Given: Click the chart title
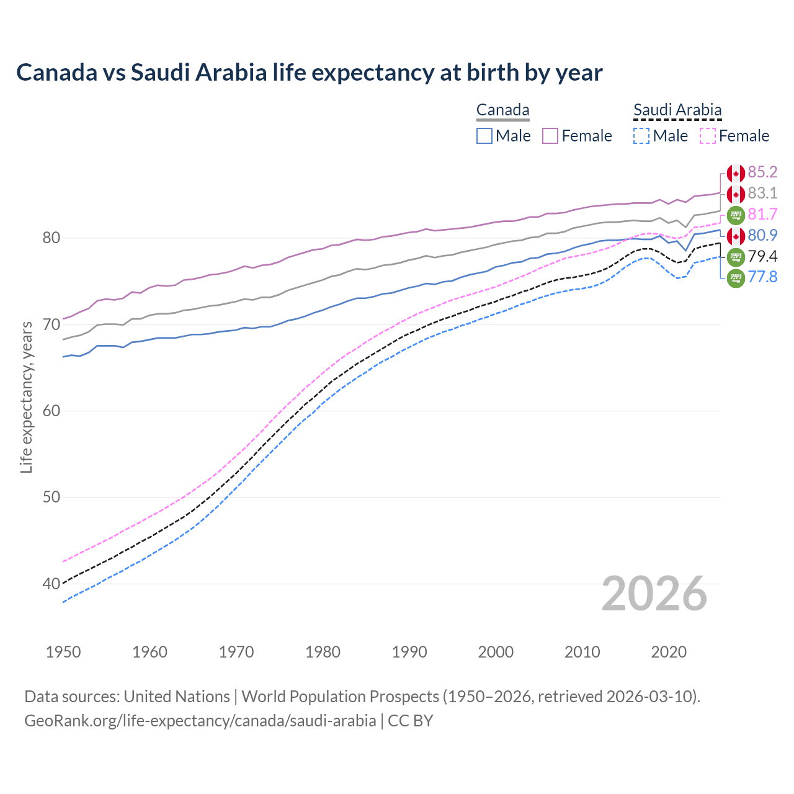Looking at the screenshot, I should pyautogui.click(x=309, y=73).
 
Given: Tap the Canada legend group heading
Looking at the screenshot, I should pyautogui.click(x=502, y=110).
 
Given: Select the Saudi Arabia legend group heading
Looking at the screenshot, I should pyautogui.click(x=677, y=110).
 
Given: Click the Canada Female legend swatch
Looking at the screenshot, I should pyautogui.click(x=550, y=136).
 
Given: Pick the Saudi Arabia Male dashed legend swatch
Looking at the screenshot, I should pyautogui.click(x=641, y=136).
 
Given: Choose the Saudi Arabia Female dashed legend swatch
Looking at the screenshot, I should pyautogui.click(x=708, y=136).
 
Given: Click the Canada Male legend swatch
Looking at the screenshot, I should pyautogui.click(x=484, y=136).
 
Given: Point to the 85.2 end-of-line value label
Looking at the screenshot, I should pyautogui.click(x=762, y=172).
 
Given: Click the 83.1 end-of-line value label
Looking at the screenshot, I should pyautogui.click(x=762, y=193).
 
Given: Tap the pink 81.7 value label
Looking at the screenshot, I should pyautogui.click(x=762, y=214).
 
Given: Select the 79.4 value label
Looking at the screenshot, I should pyautogui.click(x=762, y=256).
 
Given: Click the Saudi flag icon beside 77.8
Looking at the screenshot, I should pyautogui.click(x=736, y=278).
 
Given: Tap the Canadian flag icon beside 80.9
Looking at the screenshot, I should pyautogui.click(x=736, y=236).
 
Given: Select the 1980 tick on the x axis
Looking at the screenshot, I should pyautogui.click(x=323, y=652).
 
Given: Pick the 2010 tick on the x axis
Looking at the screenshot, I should pyautogui.click(x=582, y=652).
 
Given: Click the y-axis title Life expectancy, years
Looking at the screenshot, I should pyautogui.click(x=26, y=397).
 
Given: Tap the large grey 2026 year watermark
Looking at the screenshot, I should pyautogui.click(x=654, y=594).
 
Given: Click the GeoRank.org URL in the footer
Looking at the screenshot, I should pyautogui.click(x=200, y=721).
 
